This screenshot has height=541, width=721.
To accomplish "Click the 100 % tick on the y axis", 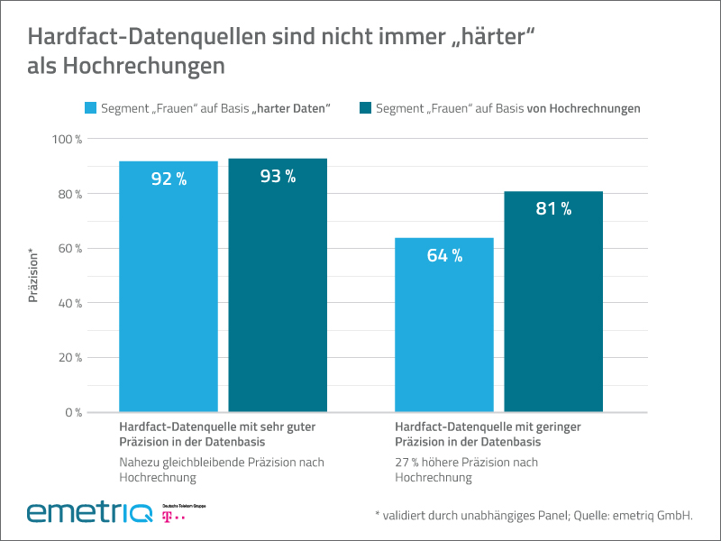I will pos(68,140).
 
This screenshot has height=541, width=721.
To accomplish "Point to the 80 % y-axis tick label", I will pos(70,194).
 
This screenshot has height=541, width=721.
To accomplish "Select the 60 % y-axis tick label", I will pos(70,249).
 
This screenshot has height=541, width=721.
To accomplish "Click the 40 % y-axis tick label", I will pos(70,303).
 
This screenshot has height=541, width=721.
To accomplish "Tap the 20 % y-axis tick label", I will pos(70,358).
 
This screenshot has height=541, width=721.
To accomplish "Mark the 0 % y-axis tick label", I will pos(73,412).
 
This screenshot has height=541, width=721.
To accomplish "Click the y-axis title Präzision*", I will pos(33,276).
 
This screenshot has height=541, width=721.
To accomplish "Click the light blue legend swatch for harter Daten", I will pos(90,108).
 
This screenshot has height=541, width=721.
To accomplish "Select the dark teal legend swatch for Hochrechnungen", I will pos(365,108).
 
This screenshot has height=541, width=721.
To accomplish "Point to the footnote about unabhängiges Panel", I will pos(534,515).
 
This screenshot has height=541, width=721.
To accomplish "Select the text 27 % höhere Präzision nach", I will pos(467,463).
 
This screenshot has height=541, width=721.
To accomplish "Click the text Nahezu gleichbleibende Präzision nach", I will pos(221,463).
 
